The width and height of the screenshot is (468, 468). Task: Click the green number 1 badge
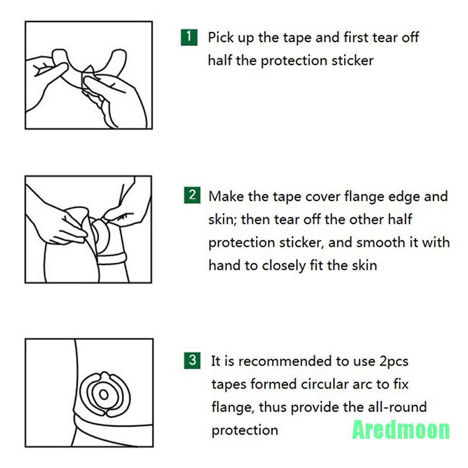pyautogui.click(x=189, y=37)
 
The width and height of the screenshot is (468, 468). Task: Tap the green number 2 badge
pyautogui.click(x=192, y=195)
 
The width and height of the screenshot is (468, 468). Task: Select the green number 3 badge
pyautogui.click(x=192, y=360)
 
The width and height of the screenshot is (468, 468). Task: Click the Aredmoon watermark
pyautogui.click(x=401, y=430)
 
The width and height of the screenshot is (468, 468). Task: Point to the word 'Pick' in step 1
pyautogui.click(x=221, y=37)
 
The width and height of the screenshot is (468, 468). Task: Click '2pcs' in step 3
pyautogui.click(x=394, y=362)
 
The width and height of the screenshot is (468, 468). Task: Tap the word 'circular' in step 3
pyautogui.click(x=325, y=384)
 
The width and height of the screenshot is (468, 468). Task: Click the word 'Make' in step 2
pyautogui.click(x=226, y=197)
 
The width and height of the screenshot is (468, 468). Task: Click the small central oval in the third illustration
pyautogui.click(x=104, y=394)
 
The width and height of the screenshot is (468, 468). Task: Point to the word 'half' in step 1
pyautogui.click(x=220, y=61)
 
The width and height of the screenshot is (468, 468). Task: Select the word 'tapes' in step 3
pyautogui.click(x=229, y=385)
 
